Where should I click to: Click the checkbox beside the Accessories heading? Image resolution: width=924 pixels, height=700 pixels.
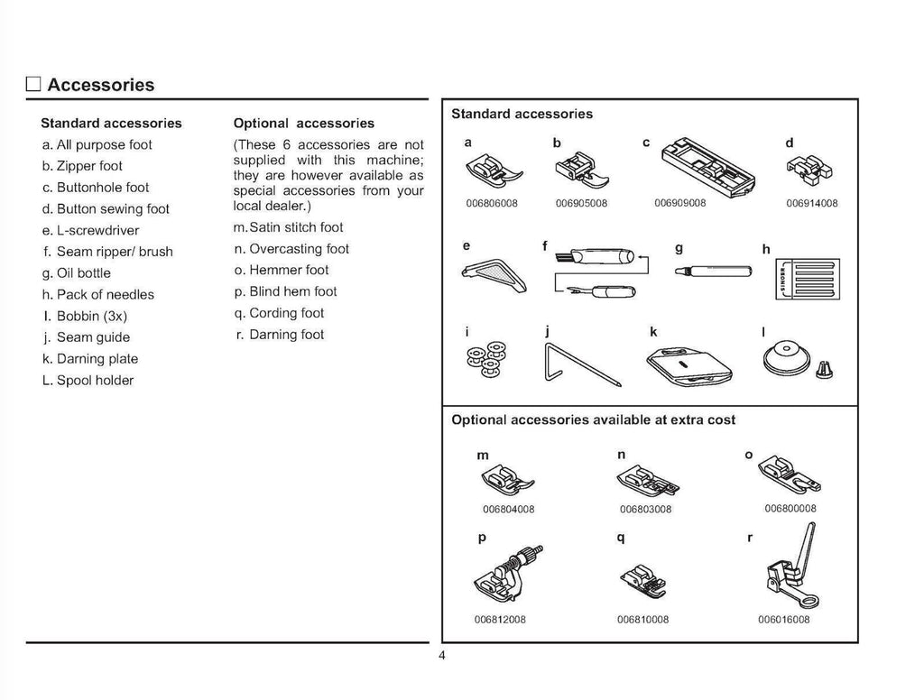(34, 86)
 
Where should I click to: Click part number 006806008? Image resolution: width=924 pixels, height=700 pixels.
(492, 204)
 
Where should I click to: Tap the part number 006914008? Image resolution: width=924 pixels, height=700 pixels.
(812, 204)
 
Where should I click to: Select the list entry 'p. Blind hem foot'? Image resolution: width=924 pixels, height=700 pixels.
(285, 291)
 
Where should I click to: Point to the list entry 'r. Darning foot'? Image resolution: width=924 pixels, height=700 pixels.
(279, 335)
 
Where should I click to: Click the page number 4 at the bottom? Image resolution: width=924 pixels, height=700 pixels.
(442, 656)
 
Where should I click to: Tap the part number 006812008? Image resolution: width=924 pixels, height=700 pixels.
(500, 620)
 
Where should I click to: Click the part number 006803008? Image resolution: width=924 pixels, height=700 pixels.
(645, 510)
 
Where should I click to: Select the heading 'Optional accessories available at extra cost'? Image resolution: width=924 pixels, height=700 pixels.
(593, 420)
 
